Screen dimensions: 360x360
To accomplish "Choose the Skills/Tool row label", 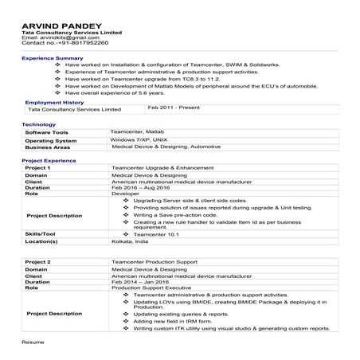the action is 41,234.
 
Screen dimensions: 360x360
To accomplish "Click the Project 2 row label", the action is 38,261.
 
